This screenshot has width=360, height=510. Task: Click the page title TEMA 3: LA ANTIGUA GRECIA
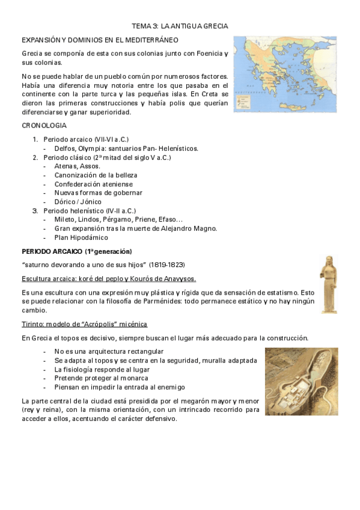(x=180, y=26)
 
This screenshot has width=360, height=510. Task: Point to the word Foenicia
(x=203, y=54)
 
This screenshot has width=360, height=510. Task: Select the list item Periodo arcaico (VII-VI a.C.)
(x=85, y=139)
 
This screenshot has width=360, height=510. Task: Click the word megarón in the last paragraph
(x=173, y=401)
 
